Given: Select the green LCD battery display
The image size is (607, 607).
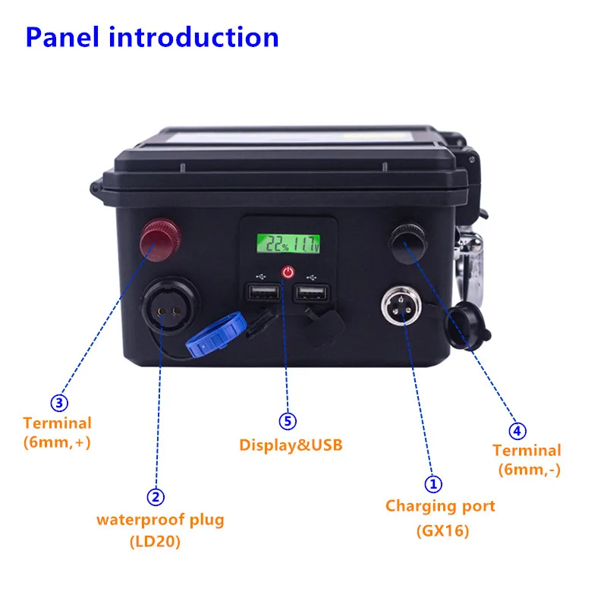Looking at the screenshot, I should tap(288, 244).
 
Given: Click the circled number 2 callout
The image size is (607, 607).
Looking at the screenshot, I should tap(155, 497).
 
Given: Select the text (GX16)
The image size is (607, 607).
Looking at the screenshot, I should tap(442, 531).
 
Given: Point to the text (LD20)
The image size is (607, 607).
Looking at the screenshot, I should tap(155, 543).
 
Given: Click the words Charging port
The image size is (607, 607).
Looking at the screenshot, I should tap(440, 506).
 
